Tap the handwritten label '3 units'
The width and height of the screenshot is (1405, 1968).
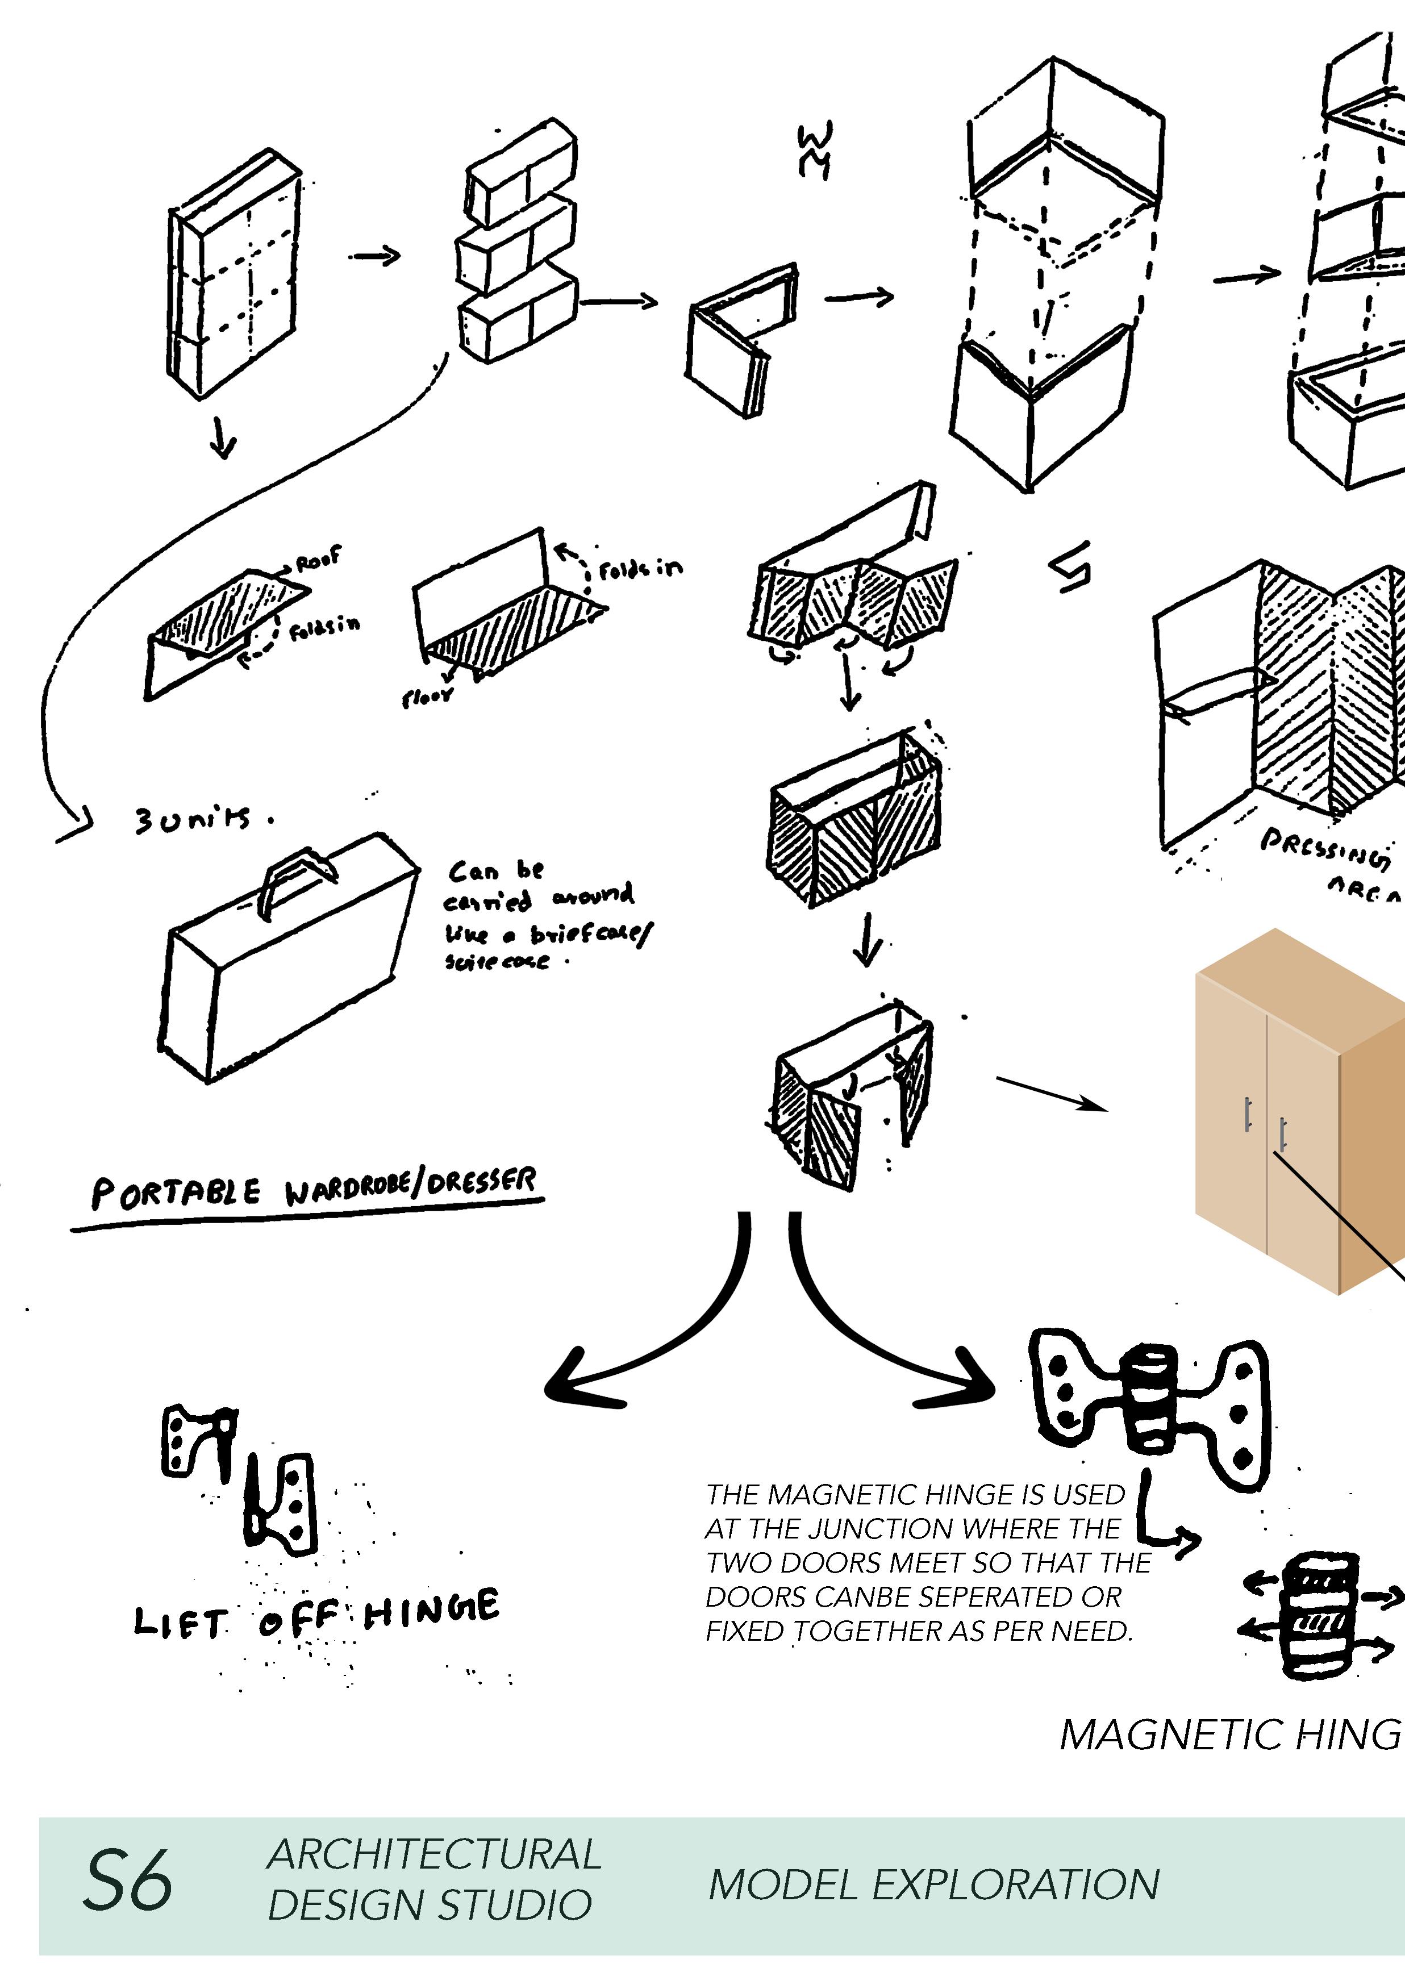coord(195,818)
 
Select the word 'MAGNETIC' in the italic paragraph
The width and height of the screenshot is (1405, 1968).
coord(826,1495)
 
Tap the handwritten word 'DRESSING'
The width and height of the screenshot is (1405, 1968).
coord(1324,848)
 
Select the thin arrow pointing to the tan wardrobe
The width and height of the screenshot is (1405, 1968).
coord(1051,1092)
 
